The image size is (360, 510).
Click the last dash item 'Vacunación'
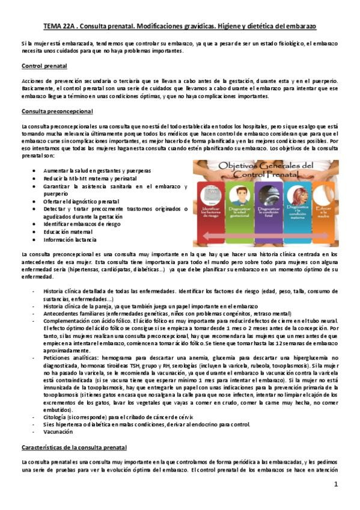pos(59,432)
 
